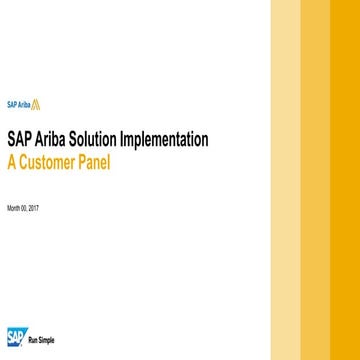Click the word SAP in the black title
tap(19, 140)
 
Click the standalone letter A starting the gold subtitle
tap(12, 161)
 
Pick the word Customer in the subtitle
tap(51, 161)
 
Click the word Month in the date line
tap(13, 208)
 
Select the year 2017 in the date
tap(34, 208)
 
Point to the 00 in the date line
tap(25, 208)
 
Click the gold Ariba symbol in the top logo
tap(37, 102)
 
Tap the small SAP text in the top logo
tap(11, 103)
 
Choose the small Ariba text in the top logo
tap(24, 103)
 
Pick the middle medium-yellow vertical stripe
tap(316, 180)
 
